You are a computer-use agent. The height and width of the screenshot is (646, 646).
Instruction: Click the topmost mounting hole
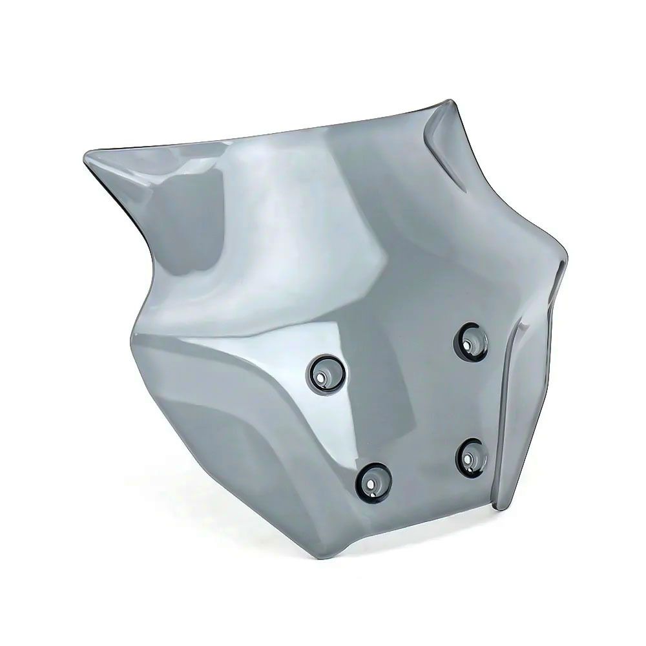[470, 340]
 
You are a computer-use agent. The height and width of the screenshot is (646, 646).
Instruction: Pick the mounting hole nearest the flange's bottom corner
[470, 456]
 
